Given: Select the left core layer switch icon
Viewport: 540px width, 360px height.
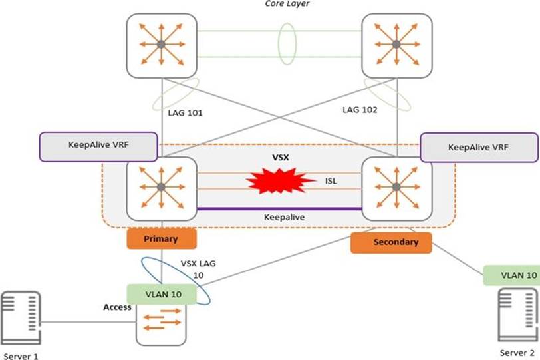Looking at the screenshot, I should click(x=161, y=45).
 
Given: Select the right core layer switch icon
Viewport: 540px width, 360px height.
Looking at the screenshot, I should click(x=395, y=45).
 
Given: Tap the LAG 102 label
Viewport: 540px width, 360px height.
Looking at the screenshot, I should click(x=360, y=110).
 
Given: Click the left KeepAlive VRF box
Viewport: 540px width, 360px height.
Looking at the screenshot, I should click(x=98, y=147).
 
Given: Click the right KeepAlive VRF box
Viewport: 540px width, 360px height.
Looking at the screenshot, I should click(x=479, y=147).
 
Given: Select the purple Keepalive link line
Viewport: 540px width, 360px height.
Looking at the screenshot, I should click(x=279, y=209).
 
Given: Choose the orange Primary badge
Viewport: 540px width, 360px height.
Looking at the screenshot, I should click(x=160, y=238).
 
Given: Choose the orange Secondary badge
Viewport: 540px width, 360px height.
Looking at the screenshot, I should click(x=391, y=242).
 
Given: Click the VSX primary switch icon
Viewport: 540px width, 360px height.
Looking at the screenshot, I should click(x=161, y=186).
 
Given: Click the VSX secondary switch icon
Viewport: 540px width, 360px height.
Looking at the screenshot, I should click(x=396, y=186).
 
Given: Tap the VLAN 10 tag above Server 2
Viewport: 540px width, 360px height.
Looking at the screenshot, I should click(x=511, y=275).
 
